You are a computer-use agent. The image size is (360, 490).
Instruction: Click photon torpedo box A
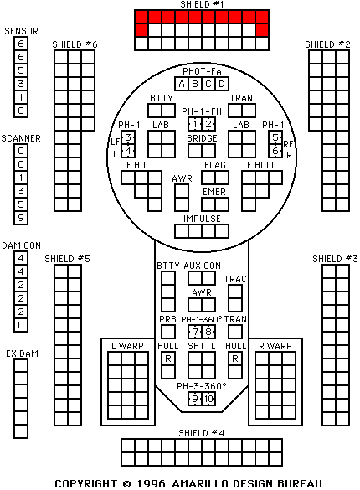tap(182, 84)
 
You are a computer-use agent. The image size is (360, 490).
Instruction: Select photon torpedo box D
tap(222, 84)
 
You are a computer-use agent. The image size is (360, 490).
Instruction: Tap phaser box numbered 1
tap(195, 124)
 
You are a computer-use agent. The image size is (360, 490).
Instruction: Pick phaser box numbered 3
tap(128, 137)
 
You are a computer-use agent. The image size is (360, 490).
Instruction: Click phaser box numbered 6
tap(275, 151)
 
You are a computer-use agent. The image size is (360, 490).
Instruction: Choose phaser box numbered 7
tap(195, 332)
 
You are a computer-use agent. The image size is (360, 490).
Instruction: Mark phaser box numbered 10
tap(208, 399)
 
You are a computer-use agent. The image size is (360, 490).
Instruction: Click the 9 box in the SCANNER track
tap(21, 218)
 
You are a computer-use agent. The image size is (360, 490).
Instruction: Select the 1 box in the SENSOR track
tap(21, 97)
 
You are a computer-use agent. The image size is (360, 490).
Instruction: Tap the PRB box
tap(168, 332)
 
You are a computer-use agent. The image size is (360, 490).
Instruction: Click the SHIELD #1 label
tap(202, 4)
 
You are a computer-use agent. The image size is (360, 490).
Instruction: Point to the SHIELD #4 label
tap(202, 433)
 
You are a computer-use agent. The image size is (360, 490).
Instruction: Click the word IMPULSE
tap(202, 219)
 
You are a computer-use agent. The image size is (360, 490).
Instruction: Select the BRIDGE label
tap(202, 138)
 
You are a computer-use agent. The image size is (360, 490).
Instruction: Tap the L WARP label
tap(127, 346)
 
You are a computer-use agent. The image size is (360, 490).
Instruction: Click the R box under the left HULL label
tap(168, 358)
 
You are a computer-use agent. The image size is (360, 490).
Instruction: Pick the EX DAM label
tap(22, 353)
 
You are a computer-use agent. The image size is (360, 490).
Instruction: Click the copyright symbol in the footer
tap(126, 484)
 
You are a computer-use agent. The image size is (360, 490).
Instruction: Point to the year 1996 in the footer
tap(152, 484)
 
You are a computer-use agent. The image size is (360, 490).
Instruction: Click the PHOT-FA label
tap(202, 71)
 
